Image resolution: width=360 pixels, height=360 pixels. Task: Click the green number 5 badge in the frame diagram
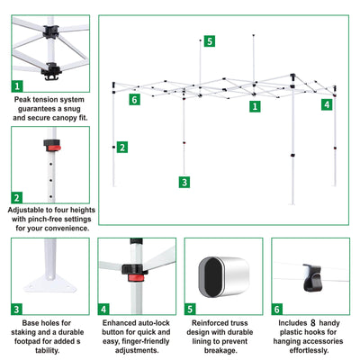[210, 41]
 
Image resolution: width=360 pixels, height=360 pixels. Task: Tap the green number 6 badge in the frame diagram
[135, 99]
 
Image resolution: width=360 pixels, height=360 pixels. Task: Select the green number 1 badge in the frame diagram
[255, 106]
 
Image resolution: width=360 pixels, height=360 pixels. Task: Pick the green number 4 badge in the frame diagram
[327, 104]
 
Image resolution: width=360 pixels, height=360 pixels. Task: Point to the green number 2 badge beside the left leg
[122, 148]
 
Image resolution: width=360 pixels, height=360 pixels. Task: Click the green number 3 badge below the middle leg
[184, 182]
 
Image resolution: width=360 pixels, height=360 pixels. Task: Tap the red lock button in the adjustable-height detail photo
[54, 148]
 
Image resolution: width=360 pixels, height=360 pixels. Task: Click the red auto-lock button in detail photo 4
[136, 277]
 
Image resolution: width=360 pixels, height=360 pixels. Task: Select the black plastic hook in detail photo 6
[312, 277]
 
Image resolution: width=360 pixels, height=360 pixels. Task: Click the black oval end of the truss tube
[213, 277]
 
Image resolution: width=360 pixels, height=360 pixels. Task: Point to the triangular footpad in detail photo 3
[50, 283]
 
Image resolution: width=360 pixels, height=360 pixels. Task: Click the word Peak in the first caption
[22, 100]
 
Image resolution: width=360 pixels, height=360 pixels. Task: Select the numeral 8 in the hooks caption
[313, 323]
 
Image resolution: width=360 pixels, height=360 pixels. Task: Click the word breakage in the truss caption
[220, 350]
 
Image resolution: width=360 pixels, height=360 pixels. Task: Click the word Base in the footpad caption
[30, 323]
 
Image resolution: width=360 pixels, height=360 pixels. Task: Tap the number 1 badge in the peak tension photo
[17, 86]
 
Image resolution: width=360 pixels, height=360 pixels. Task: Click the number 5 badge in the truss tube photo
[190, 310]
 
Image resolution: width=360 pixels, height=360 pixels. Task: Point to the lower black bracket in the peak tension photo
[51, 71]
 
